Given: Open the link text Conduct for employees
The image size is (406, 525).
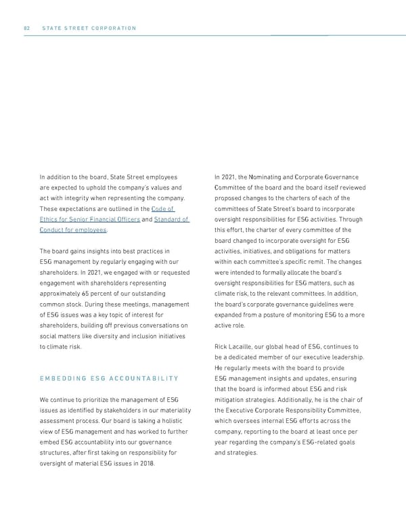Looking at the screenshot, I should (73, 230).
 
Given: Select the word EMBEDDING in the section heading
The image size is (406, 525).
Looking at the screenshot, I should (66, 378).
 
